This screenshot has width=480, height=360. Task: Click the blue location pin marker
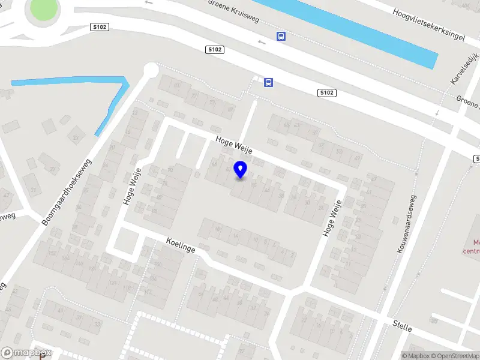tap(241, 170)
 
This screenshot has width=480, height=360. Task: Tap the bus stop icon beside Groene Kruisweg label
tap(281, 36)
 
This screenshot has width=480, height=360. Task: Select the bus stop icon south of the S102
tap(269, 82)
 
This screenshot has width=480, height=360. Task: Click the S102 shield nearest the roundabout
tap(99, 27)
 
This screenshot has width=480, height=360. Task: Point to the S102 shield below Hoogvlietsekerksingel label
tap(326, 92)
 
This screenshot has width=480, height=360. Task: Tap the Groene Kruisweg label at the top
tap(233, 10)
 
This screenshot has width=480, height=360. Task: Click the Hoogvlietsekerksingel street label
tap(429, 25)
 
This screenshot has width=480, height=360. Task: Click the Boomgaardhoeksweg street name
tap(67, 191)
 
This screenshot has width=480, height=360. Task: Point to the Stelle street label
tap(401, 326)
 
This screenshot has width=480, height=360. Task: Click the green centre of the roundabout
tap(43, 9)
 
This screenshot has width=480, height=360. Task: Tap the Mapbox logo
tap(26, 353)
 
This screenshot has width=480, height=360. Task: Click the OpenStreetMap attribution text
tap(452, 356)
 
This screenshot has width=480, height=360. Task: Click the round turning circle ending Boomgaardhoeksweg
tap(150, 71)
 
